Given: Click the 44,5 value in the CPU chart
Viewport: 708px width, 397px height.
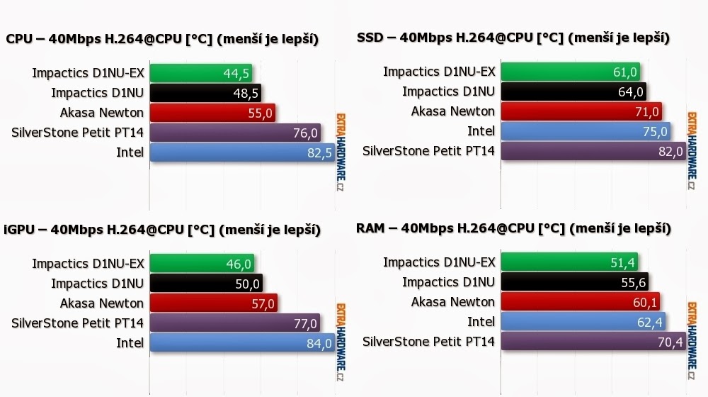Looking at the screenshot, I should pyautogui.click(x=236, y=73).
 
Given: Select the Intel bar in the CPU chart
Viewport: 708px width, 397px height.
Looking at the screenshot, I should pyautogui.click(x=241, y=152).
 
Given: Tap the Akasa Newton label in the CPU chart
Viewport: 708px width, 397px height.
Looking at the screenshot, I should pyautogui.click(x=102, y=112).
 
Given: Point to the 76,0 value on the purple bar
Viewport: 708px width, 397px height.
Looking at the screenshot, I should pyautogui.click(x=305, y=133).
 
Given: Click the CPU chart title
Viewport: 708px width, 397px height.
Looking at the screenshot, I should pyautogui.click(x=161, y=39).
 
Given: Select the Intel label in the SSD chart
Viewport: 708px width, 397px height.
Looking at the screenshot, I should pyautogui.click(x=481, y=131).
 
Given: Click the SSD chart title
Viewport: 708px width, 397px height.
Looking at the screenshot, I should pyautogui.click(x=513, y=38).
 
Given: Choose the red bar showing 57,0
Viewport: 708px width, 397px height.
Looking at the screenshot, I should pyautogui.click(x=212, y=303).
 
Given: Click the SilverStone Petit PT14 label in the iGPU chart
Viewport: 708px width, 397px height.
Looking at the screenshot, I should pyautogui.click(x=78, y=323).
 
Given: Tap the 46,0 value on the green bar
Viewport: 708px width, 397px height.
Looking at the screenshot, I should pyautogui.click(x=239, y=264).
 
